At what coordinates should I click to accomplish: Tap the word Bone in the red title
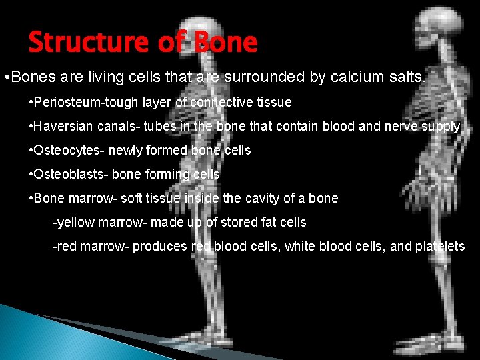[x=224, y=43]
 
